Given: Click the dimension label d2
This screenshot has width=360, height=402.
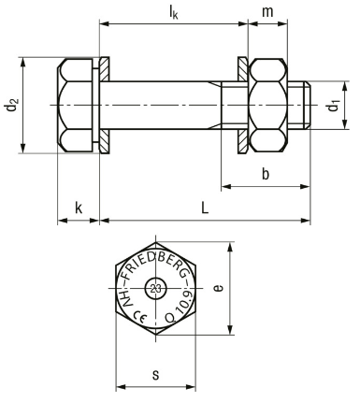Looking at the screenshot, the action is point(12,106).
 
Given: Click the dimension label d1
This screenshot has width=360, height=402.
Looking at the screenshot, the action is point(333,106).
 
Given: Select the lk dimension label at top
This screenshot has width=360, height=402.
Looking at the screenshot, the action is point(173,12).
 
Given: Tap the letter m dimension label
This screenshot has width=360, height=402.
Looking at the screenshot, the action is point(267,12).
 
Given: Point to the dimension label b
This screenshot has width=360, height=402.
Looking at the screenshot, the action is point(266,174).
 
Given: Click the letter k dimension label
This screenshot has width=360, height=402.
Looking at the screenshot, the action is point(79,208).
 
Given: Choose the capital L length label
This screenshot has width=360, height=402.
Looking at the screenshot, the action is point(205,208).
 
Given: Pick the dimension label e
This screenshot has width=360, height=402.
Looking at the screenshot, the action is point(219,288).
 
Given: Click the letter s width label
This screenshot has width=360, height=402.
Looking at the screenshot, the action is point(155,375).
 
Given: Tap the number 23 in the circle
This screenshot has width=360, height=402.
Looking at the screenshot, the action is point(155,288).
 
